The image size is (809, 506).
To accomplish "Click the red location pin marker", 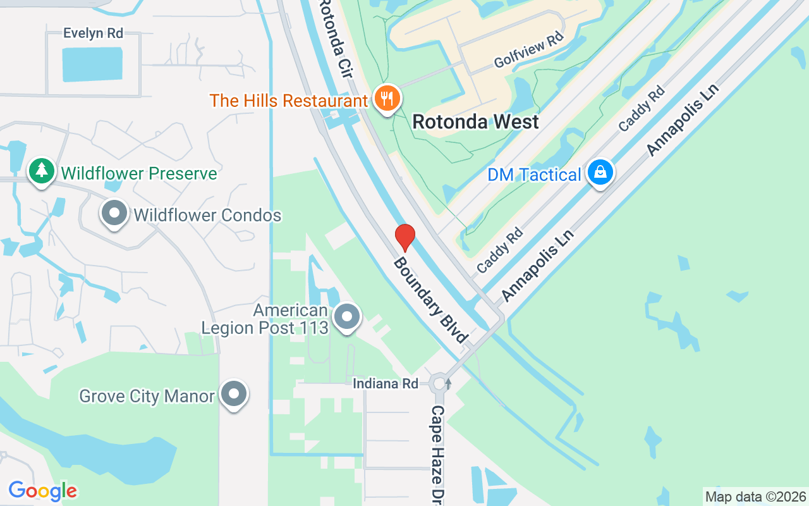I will (404, 237).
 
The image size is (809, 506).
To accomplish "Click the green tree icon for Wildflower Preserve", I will (42, 171).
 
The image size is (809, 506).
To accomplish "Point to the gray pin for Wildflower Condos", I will (114, 213).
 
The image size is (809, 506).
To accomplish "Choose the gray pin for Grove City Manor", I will (234, 395).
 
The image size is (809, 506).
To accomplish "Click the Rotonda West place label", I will (475, 121).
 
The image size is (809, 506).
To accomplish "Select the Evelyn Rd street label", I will (93, 34).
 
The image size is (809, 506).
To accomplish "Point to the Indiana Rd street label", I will (386, 383).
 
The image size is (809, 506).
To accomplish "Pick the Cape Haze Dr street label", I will (438, 454).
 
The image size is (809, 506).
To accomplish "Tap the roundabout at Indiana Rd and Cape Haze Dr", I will (439, 383).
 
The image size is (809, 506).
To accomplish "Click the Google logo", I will (42, 491).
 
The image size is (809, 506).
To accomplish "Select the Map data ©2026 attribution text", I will (755, 497).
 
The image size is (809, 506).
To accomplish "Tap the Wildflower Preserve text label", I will (138, 173).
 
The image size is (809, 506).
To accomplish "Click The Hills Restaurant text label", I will (288, 101).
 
